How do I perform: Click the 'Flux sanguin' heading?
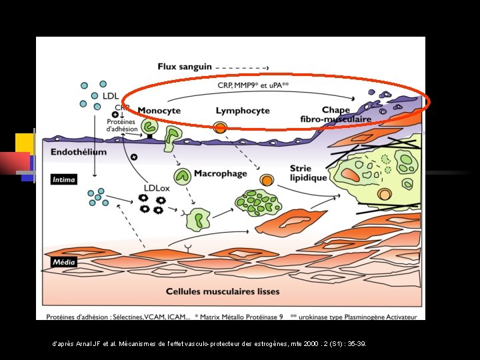[x=185, y=66]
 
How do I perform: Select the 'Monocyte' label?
[x=159, y=111]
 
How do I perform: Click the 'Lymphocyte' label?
[x=243, y=111]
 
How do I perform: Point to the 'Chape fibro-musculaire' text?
[x=335, y=115]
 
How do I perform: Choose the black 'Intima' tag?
[x=65, y=179]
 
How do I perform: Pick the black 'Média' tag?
[x=65, y=262]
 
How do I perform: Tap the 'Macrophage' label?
[x=220, y=174]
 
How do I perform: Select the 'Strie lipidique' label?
[x=308, y=173]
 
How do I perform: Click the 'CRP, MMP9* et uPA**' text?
[x=253, y=85]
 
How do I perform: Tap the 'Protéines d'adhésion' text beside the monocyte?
[x=122, y=125]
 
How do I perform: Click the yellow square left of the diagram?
[x=24, y=143]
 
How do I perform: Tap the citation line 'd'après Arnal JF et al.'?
[x=209, y=344]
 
